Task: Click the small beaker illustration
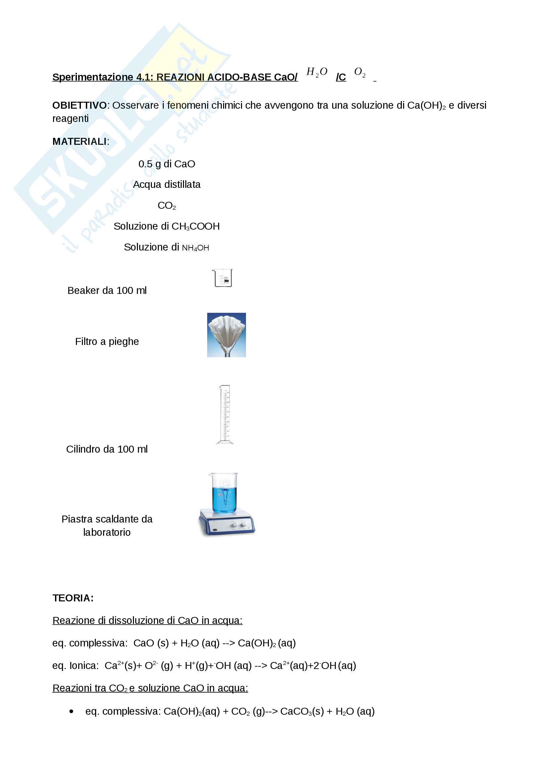222,278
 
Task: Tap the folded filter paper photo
226,335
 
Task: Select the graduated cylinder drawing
225,414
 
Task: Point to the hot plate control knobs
238,525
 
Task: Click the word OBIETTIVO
79,105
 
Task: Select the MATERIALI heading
80,141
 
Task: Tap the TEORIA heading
73,598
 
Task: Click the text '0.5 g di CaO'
167,164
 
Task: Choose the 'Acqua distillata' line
167,185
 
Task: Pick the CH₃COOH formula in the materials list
196,227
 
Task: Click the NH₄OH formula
196,248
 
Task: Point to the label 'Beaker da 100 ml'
107,291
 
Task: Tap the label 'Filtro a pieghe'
107,342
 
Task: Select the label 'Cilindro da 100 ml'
107,449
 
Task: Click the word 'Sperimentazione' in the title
93,77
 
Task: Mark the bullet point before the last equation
71,711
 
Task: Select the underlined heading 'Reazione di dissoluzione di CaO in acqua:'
148,620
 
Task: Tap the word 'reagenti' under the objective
71,119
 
